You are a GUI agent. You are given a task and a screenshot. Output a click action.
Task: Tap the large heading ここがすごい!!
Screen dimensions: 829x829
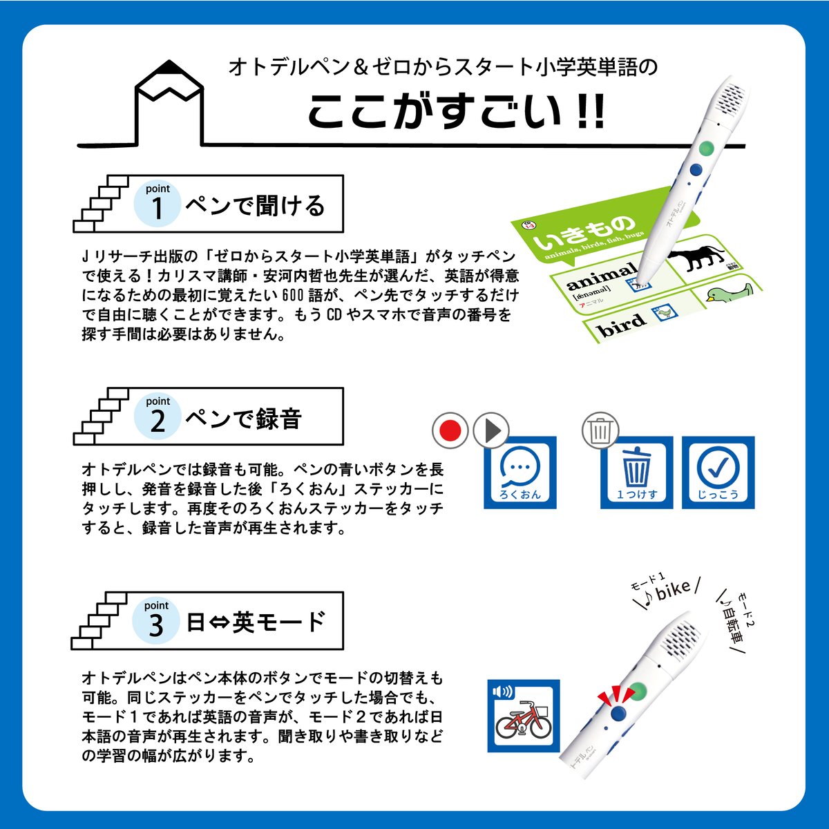(x=456, y=111)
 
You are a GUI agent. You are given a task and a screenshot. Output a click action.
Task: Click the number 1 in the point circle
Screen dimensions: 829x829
(x=158, y=208)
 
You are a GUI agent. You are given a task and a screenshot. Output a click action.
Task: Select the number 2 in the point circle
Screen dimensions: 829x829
(x=158, y=421)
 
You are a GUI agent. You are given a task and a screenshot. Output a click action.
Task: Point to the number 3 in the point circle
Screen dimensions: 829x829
(x=156, y=625)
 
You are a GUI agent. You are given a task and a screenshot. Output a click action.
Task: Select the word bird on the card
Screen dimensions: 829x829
(x=622, y=323)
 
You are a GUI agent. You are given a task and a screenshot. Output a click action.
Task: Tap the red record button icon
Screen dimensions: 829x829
(x=450, y=431)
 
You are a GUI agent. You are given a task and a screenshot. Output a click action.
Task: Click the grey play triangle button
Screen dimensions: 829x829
(x=490, y=431)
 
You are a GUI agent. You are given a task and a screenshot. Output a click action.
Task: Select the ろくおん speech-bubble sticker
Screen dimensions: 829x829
(x=520, y=473)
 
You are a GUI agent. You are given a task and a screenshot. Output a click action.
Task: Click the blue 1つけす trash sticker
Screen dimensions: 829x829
(x=636, y=473)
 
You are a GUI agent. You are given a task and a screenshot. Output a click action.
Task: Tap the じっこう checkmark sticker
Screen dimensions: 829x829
(x=718, y=473)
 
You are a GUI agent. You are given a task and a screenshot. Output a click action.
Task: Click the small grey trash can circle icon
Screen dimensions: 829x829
(x=600, y=431)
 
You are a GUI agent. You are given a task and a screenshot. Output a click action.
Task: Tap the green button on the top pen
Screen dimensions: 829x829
(x=705, y=148)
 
